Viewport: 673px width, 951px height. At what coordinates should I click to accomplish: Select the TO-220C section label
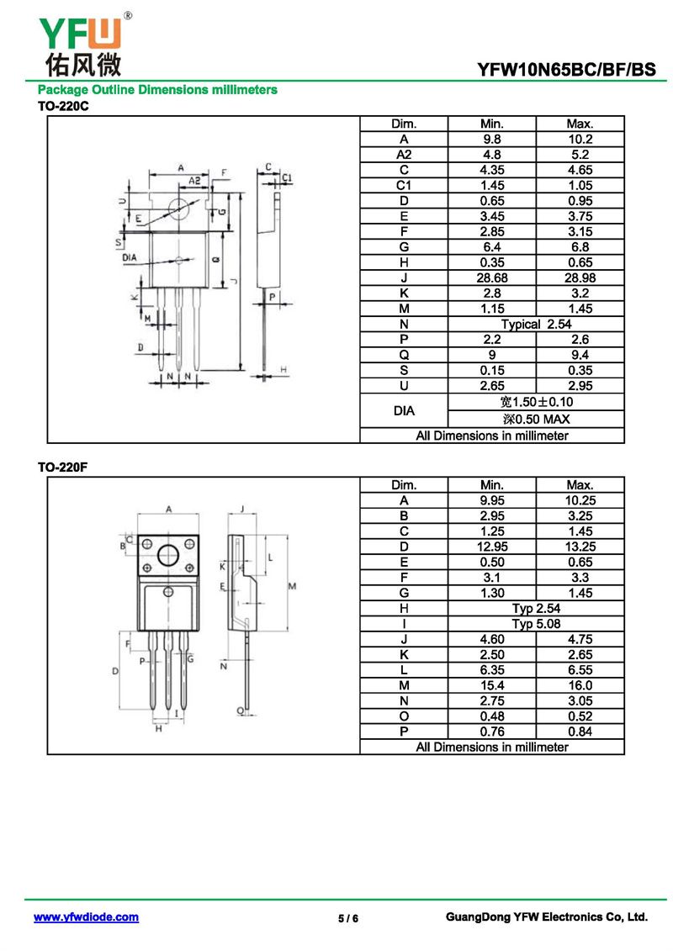coord(63,107)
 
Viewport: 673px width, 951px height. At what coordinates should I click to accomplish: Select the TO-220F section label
coord(63,468)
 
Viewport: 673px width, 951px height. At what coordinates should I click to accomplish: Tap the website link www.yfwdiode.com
coord(86,917)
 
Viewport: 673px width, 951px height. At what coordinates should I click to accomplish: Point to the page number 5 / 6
coord(348,918)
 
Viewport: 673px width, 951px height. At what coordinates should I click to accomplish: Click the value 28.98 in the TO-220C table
coord(580,277)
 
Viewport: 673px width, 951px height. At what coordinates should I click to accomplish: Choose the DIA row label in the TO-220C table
coord(404,410)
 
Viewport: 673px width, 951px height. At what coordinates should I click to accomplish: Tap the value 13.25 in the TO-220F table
coord(580,547)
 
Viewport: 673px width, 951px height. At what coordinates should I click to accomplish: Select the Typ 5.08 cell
coord(536,624)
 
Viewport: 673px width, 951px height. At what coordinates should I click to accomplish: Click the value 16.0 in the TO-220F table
coord(580,686)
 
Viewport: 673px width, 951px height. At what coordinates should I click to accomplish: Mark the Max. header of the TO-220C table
coord(580,124)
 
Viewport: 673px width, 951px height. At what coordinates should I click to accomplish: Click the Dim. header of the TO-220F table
coord(404,485)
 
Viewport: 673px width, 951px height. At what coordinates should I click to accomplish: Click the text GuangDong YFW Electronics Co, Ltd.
coord(546,917)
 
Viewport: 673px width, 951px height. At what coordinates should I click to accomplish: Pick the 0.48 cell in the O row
coord(491,716)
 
